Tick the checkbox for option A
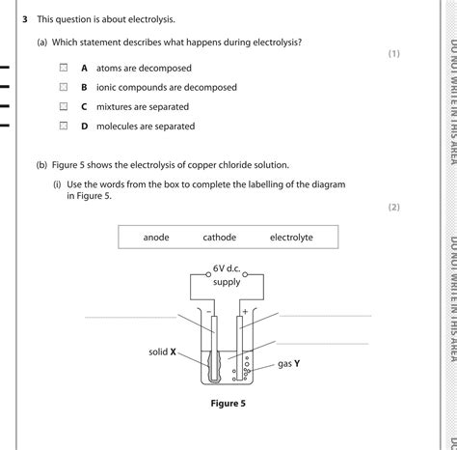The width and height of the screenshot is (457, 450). pos(63,69)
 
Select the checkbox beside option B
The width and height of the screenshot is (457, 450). pos(63,88)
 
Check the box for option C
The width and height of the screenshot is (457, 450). pos(63,107)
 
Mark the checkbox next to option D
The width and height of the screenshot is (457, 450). pos(63,127)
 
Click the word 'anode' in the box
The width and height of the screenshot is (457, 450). pos(156,238)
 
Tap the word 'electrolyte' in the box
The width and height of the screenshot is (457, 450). pos(291,238)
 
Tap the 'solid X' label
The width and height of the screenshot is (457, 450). pos(163,352)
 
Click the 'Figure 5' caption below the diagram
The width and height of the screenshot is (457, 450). pos(228,404)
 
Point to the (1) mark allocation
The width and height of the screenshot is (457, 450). pos(393,53)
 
